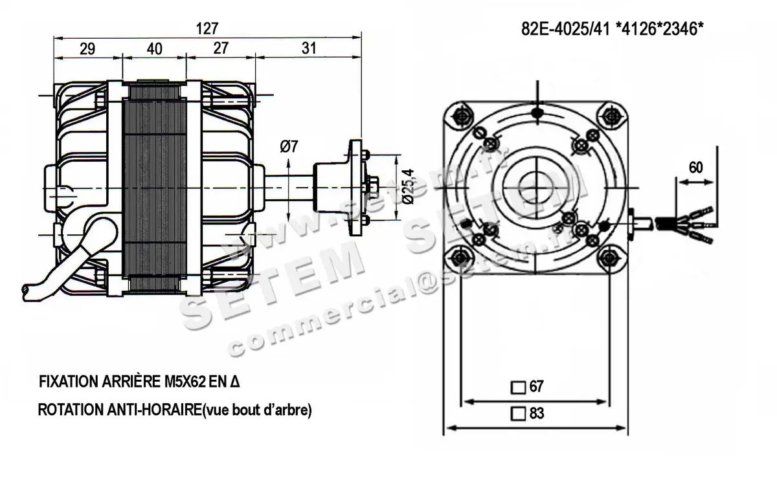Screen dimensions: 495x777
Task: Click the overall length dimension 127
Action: click(207, 29)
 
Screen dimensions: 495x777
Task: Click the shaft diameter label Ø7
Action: click(289, 147)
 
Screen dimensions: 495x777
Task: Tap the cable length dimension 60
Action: click(695, 168)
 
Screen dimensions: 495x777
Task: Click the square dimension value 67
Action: click(536, 387)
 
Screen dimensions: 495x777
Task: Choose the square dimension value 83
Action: click(536, 413)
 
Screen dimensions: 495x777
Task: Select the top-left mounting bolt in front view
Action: click(461, 116)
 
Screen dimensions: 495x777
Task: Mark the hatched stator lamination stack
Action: click(158, 188)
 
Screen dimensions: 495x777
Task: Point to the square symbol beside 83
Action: click(518, 413)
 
